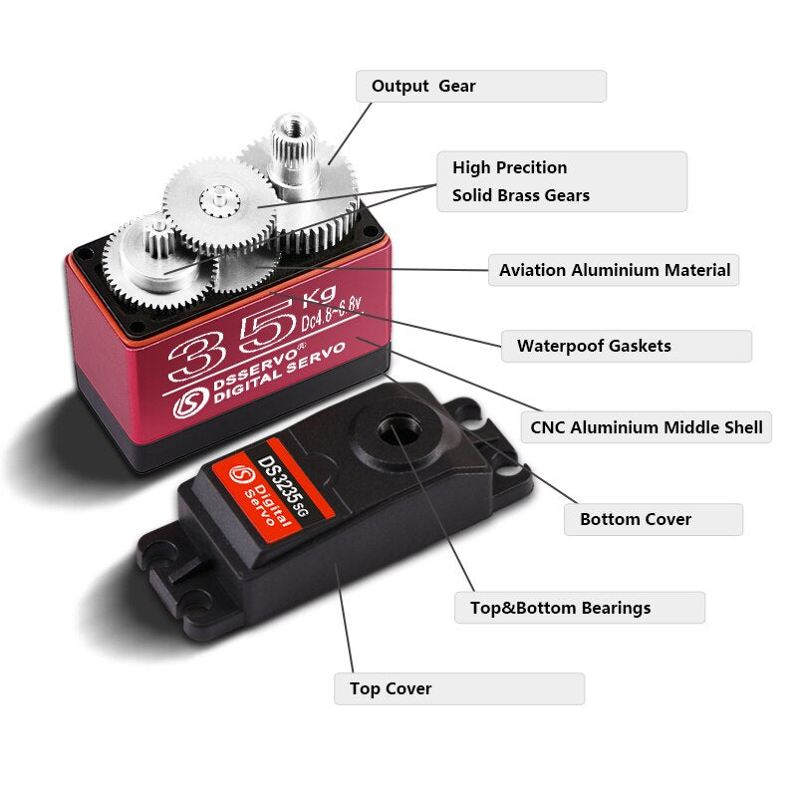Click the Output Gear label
click(480, 86)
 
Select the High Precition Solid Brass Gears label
click(562, 181)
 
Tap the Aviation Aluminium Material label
click(614, 270)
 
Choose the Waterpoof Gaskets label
click(626, 347)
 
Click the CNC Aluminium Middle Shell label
click(646, 428)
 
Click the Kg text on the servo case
click(313, 296)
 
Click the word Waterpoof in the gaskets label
click(561, 347)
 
